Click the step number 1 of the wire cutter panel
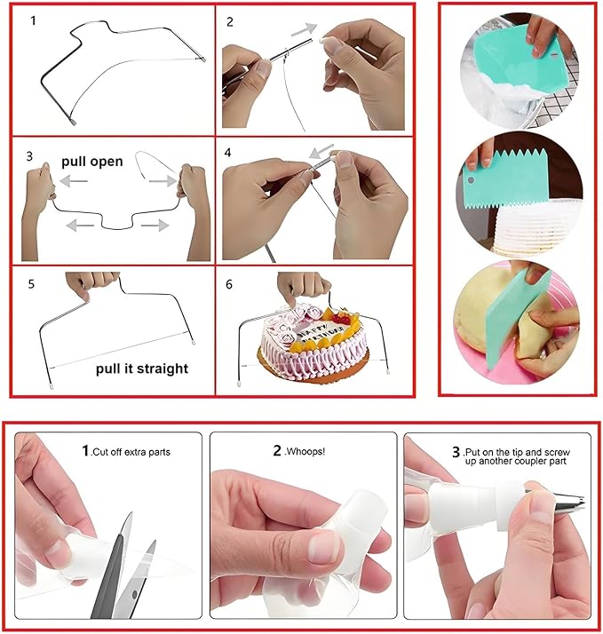coord(33,20)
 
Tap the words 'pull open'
coord(91,162)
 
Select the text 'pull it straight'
coord(142,369)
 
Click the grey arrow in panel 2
coord(304,29)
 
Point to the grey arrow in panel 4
coord(321,151)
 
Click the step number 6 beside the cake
coord(229,284)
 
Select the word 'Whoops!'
coord(305,451)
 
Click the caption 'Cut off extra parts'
coord(131,452)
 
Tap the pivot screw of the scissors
coord(135,594)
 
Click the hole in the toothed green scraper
coord(471,180)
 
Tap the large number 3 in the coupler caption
coord(456,452)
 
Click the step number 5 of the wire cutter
coord(31,284)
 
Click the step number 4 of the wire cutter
coord(227,153)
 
